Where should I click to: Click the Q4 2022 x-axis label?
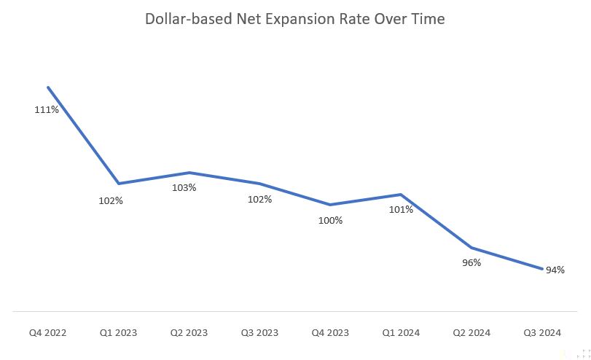coord(47,333)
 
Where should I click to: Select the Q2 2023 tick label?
coord(189,333)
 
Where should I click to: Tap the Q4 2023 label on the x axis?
coord(330,333)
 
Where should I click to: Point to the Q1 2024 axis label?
coord(401,333)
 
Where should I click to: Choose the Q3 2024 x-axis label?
coord(542,333)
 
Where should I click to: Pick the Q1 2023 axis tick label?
coord(118,333)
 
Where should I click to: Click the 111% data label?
coord(47,110)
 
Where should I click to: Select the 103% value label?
coord(184,187)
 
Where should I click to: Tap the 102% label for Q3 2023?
coord(259,199)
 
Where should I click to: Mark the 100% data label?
coord(330,220)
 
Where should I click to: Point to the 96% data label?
coord(471,263)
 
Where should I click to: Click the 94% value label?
coord(555,270)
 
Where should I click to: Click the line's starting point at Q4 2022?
coord(48,87)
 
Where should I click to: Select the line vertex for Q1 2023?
coord(118,183)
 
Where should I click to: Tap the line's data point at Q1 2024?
coord(401,195)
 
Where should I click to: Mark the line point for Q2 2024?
coord(471,248)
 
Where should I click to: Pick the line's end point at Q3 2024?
coord(542,269)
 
